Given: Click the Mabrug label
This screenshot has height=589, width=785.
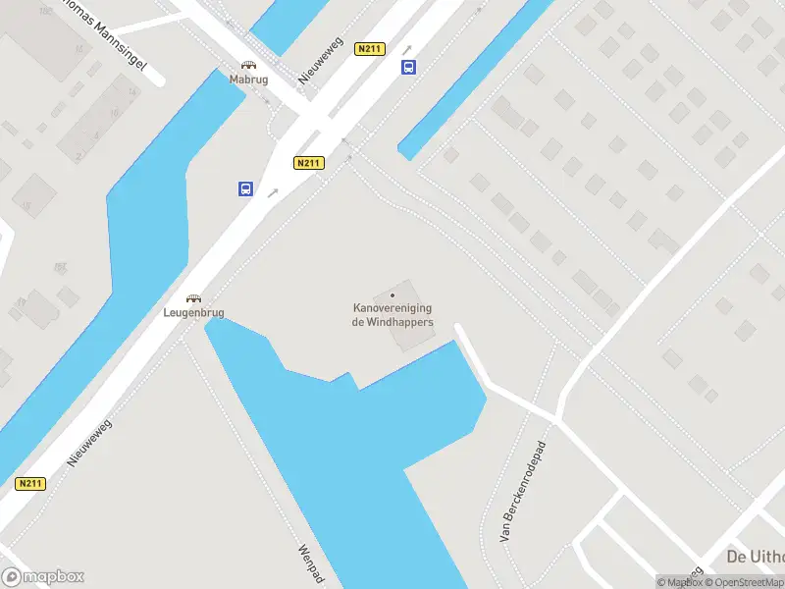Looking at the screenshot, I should pyautogui.click(x=248, y=80).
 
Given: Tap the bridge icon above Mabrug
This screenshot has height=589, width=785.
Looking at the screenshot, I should pyautogui.click(x=248, y=65).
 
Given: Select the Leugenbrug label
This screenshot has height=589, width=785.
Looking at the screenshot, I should pyautogui.click(x=194, y=313).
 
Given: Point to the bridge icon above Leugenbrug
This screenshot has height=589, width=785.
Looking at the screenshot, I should pyautogui.click(x=194, y=298).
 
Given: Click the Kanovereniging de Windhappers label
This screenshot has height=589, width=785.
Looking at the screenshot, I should pyautogui.click(x=392, y=314).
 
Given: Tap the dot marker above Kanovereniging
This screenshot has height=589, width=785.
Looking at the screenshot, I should pyautogui.click(x=392, y=294).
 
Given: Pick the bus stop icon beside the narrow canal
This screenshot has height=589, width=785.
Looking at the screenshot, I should pyautogui.click(x=408, y=67).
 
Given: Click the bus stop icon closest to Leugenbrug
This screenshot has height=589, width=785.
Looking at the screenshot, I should pyautogui.click(x=245, y=189).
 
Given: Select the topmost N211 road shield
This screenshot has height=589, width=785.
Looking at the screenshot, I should pyautogui.click(x=371, y=49).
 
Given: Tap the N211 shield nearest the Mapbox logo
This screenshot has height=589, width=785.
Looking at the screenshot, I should pyautogui.click(x=30, y=483).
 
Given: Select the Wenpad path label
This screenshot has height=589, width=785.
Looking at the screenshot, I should pyautogui.click(x=311, y=564).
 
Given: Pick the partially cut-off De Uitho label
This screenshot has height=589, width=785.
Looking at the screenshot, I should pyautogui.click(x=755, y=557).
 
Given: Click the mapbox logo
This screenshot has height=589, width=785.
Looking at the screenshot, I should pyautogui.click(x=43, y=576).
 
